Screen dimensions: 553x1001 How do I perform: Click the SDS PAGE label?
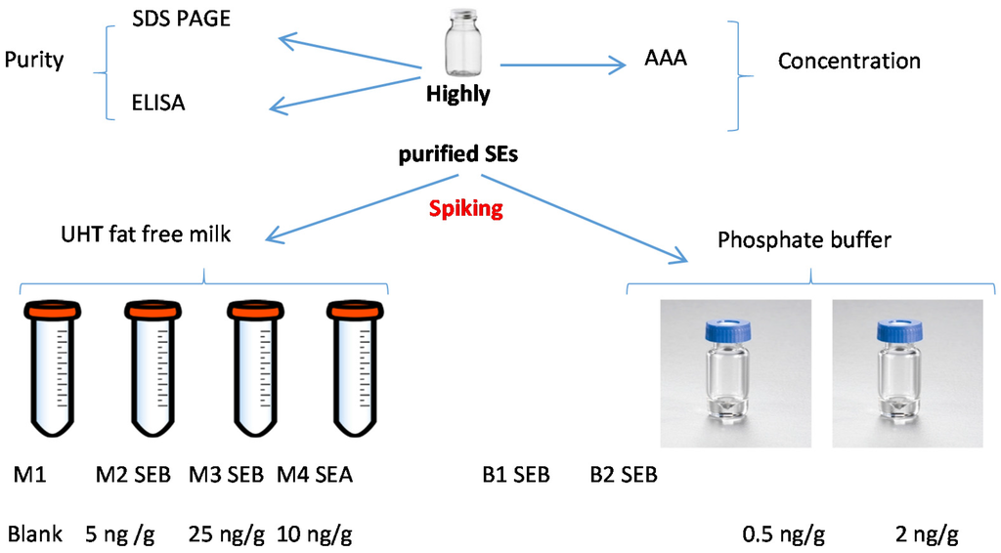(181, 19)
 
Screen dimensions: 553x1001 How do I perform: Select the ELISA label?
(158, 103)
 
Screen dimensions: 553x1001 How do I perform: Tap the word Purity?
(34, 61)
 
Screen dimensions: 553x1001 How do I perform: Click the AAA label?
(666, 58)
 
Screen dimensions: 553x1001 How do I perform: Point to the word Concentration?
(849, 61)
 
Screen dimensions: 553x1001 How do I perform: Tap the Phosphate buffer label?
(805, 240)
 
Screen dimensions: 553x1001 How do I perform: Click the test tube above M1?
(48, 371)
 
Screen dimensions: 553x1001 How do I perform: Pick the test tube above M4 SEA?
(352, 371)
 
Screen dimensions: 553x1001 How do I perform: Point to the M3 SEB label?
(226, 476)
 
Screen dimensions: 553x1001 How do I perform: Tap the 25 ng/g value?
(226, 534)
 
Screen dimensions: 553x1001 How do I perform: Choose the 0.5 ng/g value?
(785, 534)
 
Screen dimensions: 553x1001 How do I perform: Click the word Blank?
(35, 534)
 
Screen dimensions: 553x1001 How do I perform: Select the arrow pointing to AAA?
(562, 65)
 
